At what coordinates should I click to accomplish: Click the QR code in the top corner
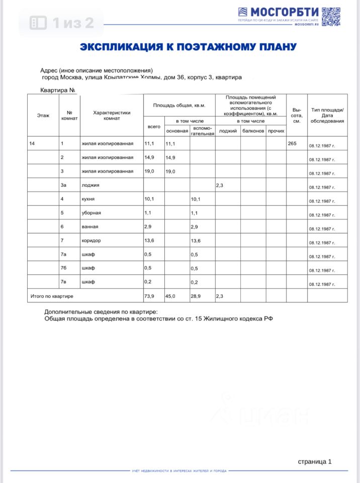(x=331, y=17)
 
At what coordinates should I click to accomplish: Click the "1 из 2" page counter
(x=62, y=23)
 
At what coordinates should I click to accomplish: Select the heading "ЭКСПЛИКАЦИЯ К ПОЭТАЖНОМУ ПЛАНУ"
(x=188, y=47)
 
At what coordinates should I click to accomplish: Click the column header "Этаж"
(x=43, y=115)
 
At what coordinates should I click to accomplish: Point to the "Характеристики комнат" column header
(x=112, y=115)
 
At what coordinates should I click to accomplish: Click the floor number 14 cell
(x=32, y=144)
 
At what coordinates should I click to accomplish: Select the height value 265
(x=292, y=144)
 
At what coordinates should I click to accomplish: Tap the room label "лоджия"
(x=91, y=186)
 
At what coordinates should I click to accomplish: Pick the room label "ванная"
(x=91, y=227)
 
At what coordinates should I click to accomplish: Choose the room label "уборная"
(x=92, y=213)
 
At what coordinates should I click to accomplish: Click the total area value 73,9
(x=149, y=296)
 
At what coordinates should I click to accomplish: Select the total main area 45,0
(x=171, y=296)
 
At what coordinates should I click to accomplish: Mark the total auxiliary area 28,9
(x=196, y=296)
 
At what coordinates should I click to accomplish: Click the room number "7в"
(x=64, y=282)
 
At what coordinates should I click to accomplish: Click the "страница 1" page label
(x=315, y=461)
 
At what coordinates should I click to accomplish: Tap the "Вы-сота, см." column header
(x=297, y=115)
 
